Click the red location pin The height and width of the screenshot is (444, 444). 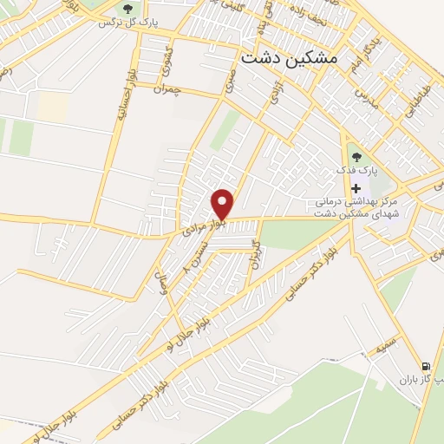coord(223,204)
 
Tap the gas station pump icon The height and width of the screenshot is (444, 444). coord(424,366)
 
